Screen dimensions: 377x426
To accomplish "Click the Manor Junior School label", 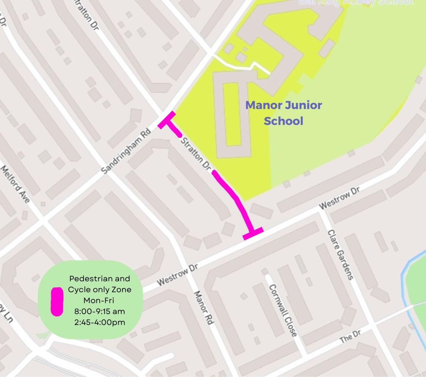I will pos(283,113).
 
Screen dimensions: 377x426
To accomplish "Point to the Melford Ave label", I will pos(15,184).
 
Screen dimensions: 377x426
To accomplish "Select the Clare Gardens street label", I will pos(341,254).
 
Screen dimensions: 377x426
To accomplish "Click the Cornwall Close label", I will pos(283,310).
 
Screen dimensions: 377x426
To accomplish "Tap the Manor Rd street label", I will pos(203,308).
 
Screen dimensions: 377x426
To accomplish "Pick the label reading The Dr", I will pos(350,336).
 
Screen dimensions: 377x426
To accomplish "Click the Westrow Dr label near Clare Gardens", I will pos(339,198).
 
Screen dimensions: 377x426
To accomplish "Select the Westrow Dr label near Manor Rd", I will pos(177,275).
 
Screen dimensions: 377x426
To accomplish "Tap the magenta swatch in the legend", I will pos(57,301).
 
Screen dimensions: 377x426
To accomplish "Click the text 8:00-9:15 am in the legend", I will pos(99,311).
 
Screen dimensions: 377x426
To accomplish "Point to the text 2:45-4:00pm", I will pos(99,322).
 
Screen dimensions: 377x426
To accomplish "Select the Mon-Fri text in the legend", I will pos(99,300).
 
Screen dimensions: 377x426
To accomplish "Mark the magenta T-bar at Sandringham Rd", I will pos(167,120).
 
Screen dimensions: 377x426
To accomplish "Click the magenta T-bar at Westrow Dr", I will pos(253,233).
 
